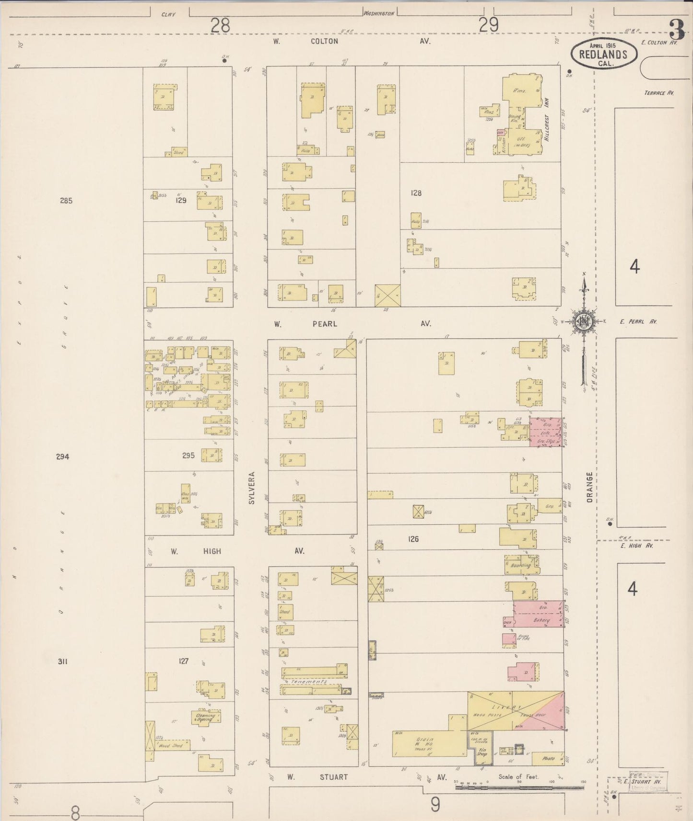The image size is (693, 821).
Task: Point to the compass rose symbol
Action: (x=584, y=321)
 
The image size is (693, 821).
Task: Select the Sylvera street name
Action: (x=251, y=487)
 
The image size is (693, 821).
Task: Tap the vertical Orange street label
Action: (x=589, y=487)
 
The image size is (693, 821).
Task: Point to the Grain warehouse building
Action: (x=428, y=742)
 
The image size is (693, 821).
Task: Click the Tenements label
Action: (x=309, y=681)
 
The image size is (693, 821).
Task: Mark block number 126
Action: (x=413, y=539)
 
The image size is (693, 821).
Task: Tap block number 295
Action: (x=188, y=455)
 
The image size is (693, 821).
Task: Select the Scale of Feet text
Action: (x=519, y=777)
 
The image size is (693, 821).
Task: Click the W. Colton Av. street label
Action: (x=325, y=41)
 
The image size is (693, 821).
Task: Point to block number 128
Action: (x=415, y=193)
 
